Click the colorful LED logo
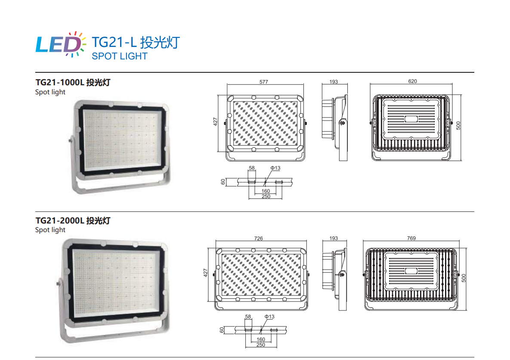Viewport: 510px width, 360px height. (x=61, y=44)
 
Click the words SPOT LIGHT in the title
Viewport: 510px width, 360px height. (x=119, y=56)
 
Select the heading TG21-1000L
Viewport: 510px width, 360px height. (x=60, y=82)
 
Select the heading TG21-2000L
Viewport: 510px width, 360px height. (x=60, y=220)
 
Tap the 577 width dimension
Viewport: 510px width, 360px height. (x=264, y=82)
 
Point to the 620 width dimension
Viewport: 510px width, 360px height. (x=412, y=81)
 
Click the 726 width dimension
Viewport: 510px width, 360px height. (x=259, y=238)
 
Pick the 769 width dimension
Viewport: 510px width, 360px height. (x=411, y=238)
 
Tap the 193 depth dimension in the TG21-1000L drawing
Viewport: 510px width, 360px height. (x=334, y=82)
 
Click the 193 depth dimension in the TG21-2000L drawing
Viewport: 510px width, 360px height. (x=334, y=238)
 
